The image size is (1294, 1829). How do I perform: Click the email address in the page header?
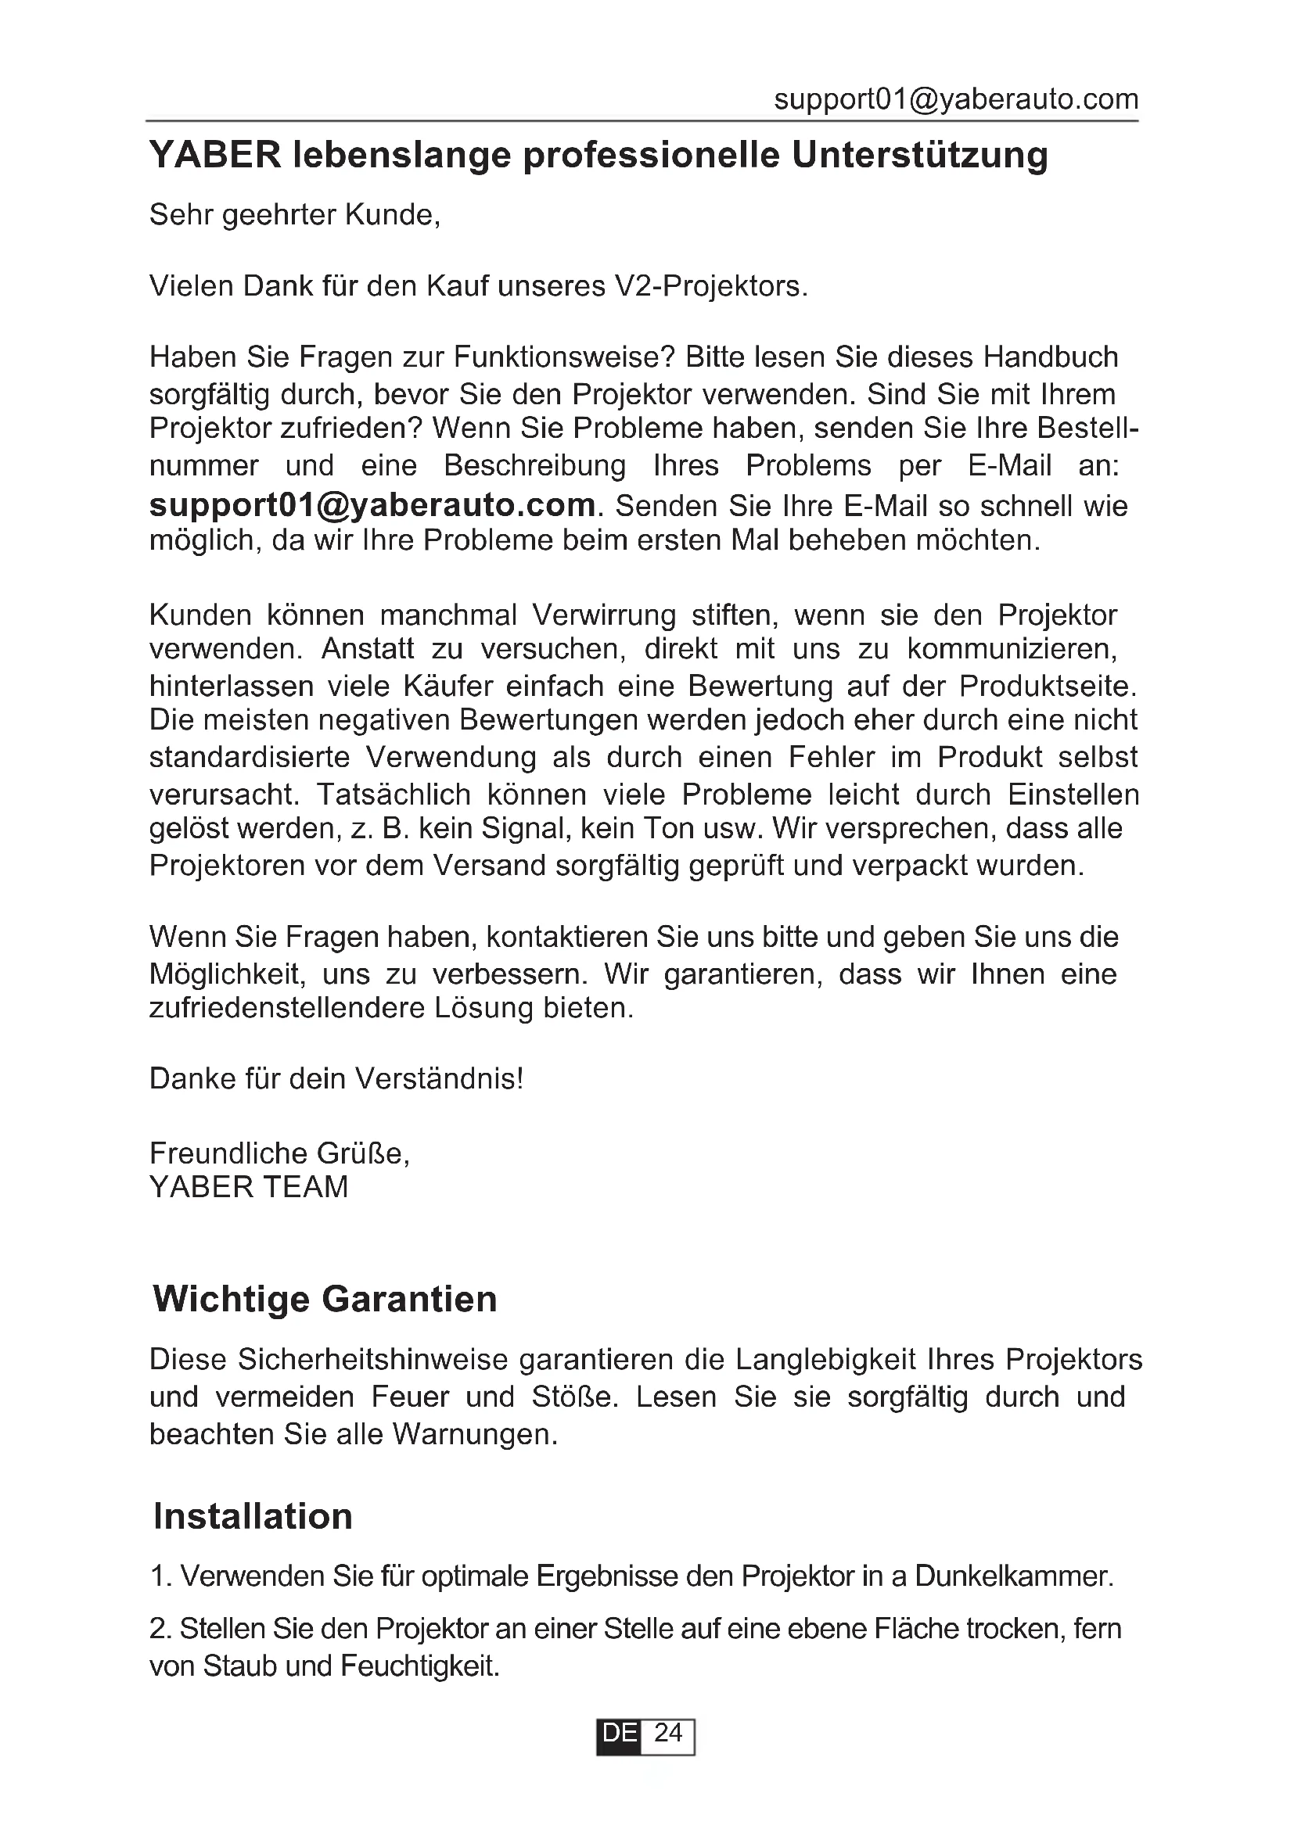pos(955,99)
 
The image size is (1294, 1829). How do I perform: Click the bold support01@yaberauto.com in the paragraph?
pos(372,505)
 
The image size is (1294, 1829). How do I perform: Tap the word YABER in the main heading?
pos(215,156)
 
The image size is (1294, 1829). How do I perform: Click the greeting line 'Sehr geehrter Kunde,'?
pos(295,215)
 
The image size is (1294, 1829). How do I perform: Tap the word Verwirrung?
pos(603,615)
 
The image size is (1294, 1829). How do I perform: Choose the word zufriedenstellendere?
pos(288,1009)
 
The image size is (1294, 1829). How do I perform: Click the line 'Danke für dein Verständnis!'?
pos(336,1079)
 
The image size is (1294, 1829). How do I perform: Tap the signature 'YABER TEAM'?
pos(249,1187)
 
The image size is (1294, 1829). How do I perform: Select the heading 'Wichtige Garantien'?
pos(325,1300)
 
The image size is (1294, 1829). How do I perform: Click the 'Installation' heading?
pos(253,1517)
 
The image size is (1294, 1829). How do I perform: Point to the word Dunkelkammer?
pos(1012,1576)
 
